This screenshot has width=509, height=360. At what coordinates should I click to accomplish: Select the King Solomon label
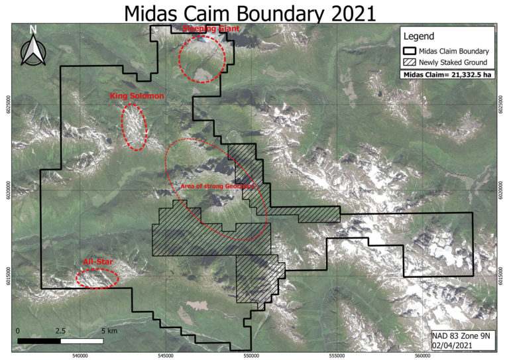[x=137, y=97]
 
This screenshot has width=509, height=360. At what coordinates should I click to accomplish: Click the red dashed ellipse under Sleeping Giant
[x=202, y=58]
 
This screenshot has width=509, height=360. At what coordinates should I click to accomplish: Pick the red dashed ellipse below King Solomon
[x=135, y=126]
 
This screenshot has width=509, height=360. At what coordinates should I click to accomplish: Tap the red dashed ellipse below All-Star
[x=97, y=278]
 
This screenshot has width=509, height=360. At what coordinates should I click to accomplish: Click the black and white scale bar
[x=60, y=341]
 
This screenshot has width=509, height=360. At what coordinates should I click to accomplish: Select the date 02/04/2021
[x=457, y=345]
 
